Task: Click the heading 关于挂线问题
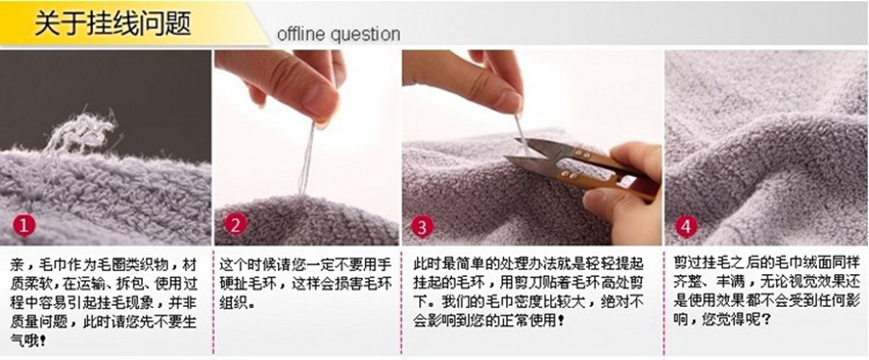coord(113,25)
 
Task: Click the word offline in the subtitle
coord(301,34)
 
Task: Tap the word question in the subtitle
coord(365,35)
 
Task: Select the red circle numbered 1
coord(24,226)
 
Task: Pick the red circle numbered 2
coord(236,226)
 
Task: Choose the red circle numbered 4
coord(687,226)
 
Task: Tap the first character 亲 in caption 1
coord(17,264)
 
